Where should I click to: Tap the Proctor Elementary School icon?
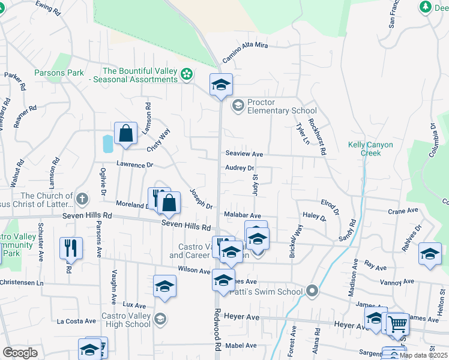[x=238, y=106]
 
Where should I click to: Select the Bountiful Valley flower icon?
[x=187, y=74]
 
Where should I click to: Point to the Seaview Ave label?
[x=244, y=154]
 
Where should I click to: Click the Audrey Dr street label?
[x=240, y=169]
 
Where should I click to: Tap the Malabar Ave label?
[x=242, y=215]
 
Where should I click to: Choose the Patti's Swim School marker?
[x=311, y=292]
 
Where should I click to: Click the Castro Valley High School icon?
[x=159, y=319]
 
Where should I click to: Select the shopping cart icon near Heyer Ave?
[x=397, y=324]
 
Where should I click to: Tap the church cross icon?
[x=82, y=198]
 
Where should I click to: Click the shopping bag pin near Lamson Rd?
[x=126, y=134]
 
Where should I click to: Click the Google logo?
[x=20, y=352]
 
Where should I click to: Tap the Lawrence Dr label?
[x=134, y=164]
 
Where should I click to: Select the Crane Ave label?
[x=402, y=211]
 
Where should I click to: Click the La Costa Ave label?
[x=77, y=321]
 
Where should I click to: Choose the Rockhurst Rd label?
[x=316, y=137]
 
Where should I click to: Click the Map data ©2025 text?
[x=423, y=355]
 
